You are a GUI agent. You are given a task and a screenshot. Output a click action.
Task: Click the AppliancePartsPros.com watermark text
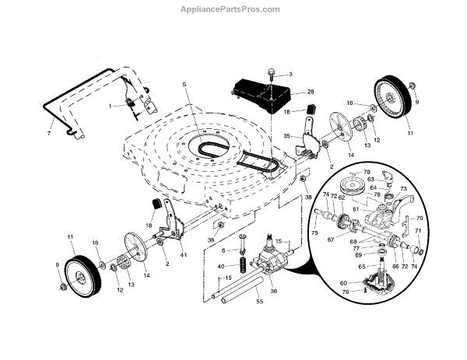coord(233,10)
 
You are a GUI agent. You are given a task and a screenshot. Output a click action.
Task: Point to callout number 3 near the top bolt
coord(290,75)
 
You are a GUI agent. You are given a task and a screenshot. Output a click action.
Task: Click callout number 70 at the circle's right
coord(420,218)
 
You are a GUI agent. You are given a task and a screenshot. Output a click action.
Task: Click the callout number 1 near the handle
coord(111,104)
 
